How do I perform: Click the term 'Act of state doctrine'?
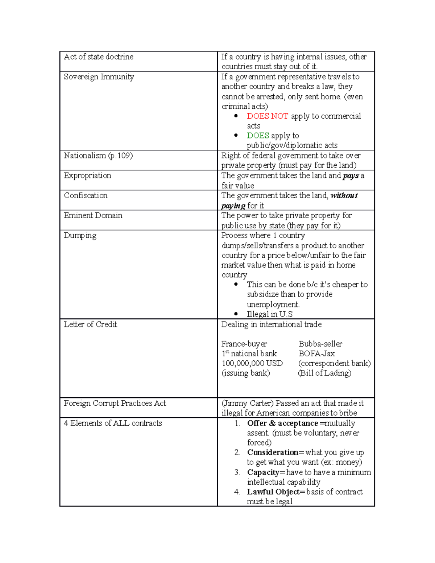[99, 57]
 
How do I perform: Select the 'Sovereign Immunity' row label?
[99, 77]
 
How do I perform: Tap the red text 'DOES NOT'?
[267, 116]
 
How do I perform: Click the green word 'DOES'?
[258, 136]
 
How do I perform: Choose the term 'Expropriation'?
[87, 175]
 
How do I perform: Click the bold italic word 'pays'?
[351, 176]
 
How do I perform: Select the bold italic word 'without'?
[344, 196]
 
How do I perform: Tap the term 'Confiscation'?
[86, 195]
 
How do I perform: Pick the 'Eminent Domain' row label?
[93, 215]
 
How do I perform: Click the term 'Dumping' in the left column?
[80, 236]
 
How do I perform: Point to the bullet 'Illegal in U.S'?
[269, 314]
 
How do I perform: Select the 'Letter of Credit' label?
[90, 324]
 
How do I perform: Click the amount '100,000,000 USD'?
[252, 363]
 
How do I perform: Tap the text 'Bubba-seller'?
[320, 344]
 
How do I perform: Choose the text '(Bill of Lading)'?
[324, 373]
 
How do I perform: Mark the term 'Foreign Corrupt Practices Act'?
[115, 403]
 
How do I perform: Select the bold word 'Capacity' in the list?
[263, 472]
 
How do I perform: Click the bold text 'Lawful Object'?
[273, 492]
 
